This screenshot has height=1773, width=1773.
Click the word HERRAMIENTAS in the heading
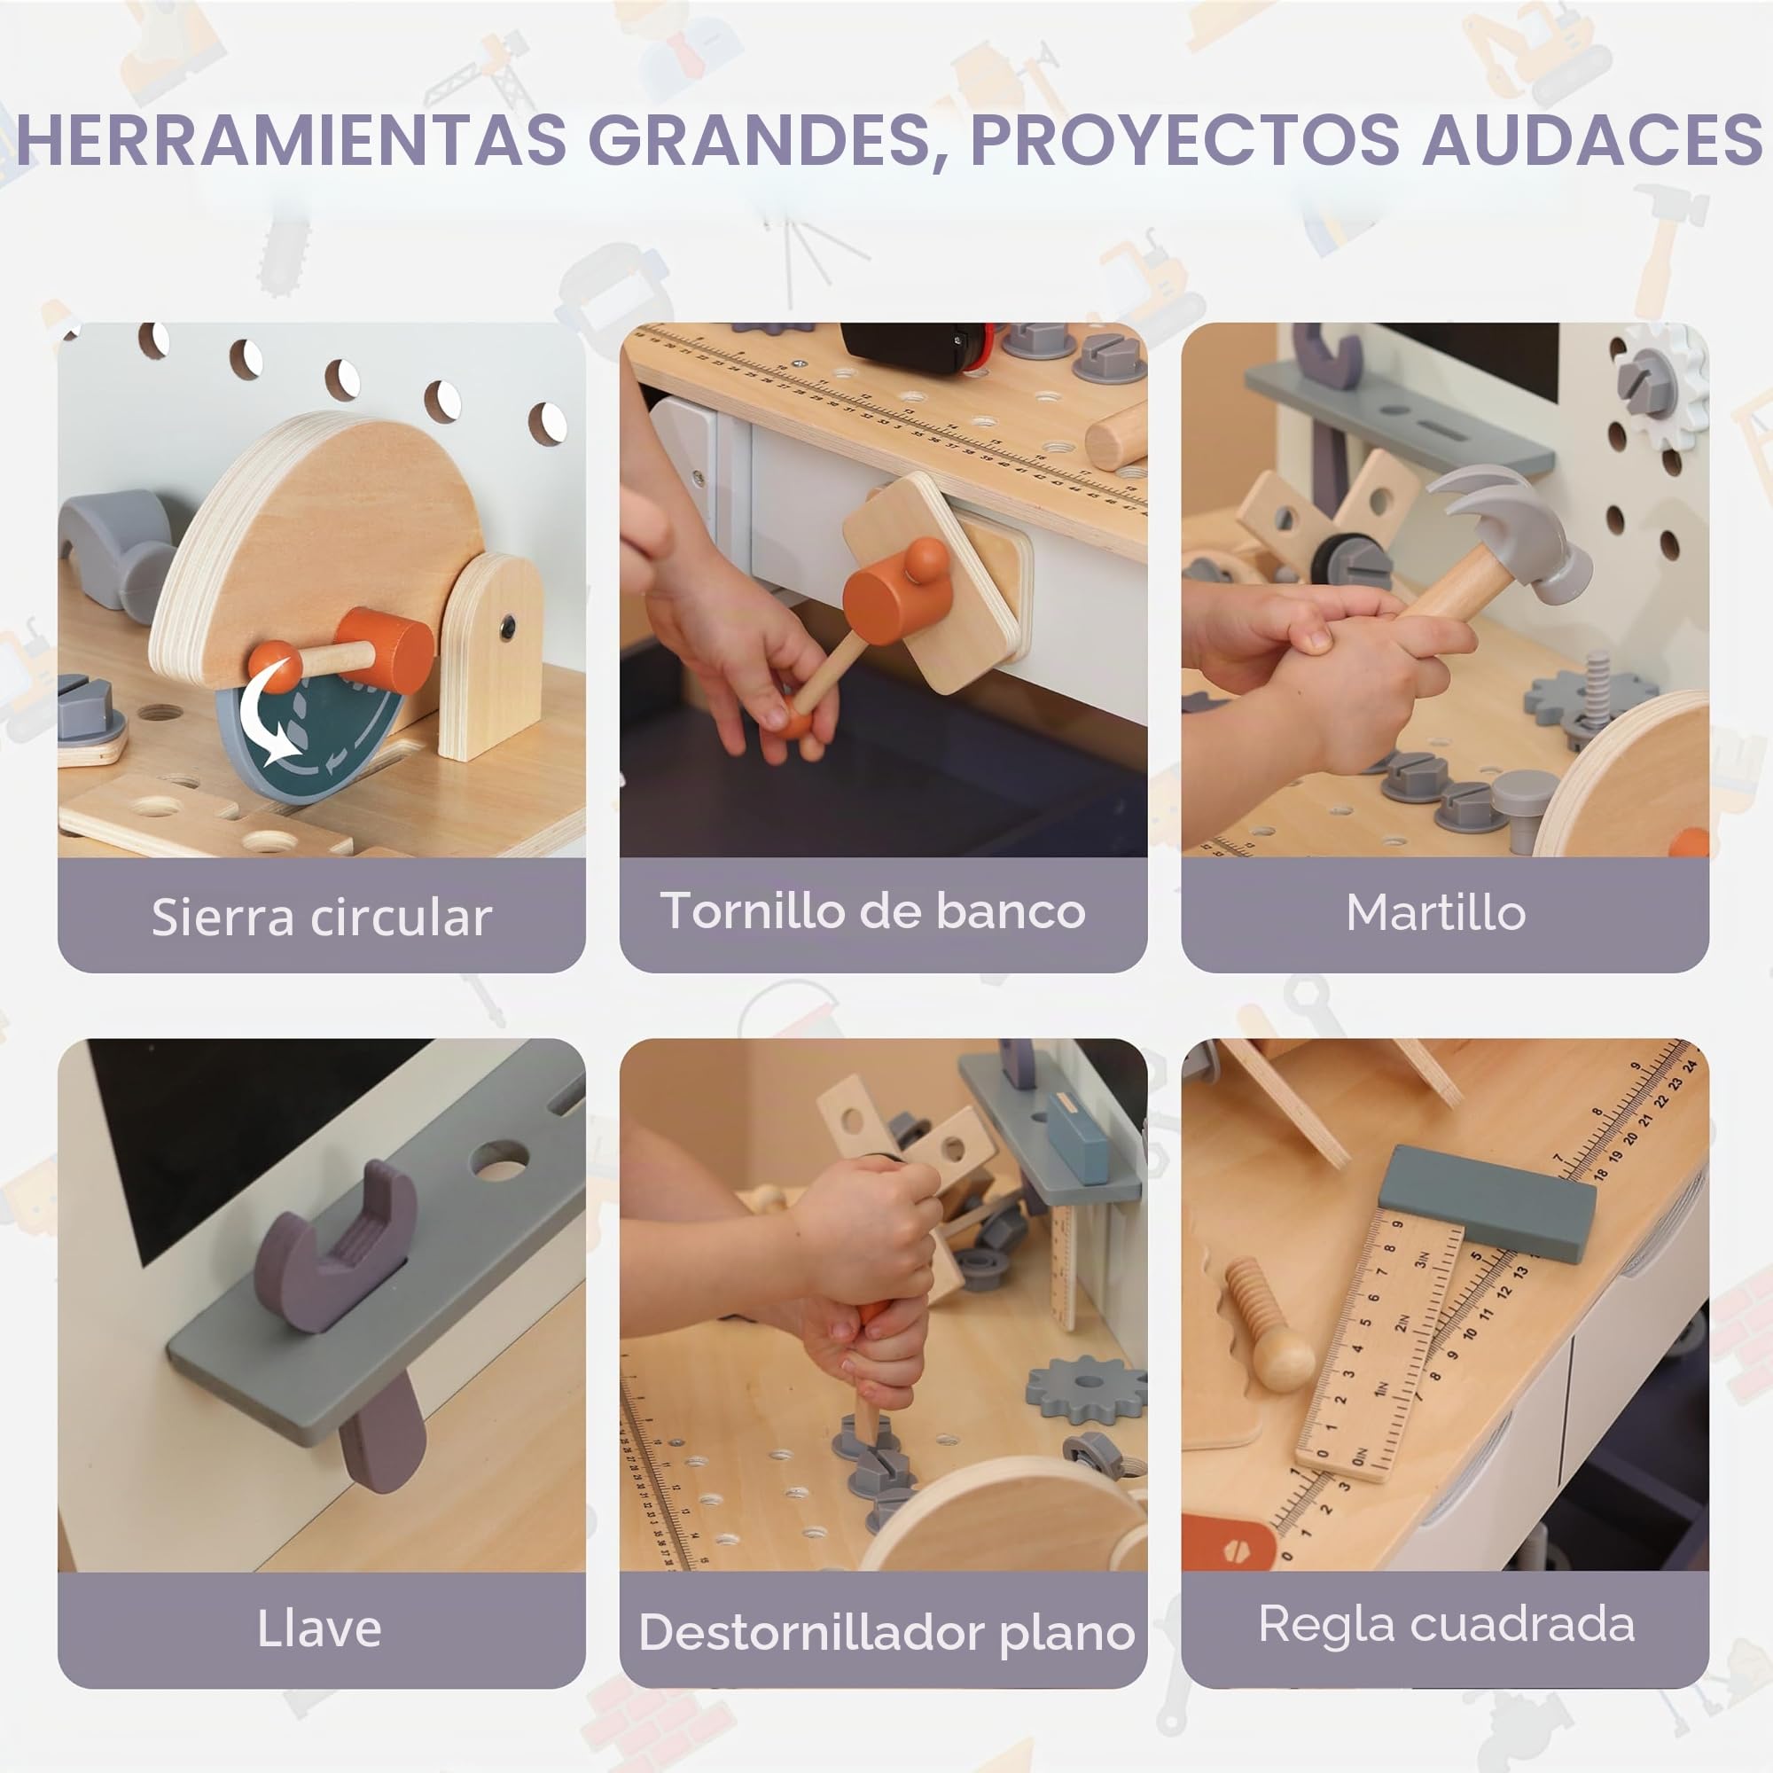click(x=292, y=139)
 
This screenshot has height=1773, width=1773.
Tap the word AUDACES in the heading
click(x=1592, y=139)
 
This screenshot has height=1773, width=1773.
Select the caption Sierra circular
click(x=321, y=917)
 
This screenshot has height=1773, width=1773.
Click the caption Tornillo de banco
click(x=872, y=910)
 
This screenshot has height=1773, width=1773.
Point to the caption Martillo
click(x=1436, y=912)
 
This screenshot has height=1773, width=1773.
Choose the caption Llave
click(x=319, y=1629)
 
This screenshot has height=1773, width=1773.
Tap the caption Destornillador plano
click(x=886, y=1633)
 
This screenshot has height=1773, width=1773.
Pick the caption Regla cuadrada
click(x=1446, y=1623)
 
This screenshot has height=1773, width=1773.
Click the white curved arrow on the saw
click(x=269, y=711)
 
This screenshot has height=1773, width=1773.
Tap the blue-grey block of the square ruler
click(x=1487, y=1203)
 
